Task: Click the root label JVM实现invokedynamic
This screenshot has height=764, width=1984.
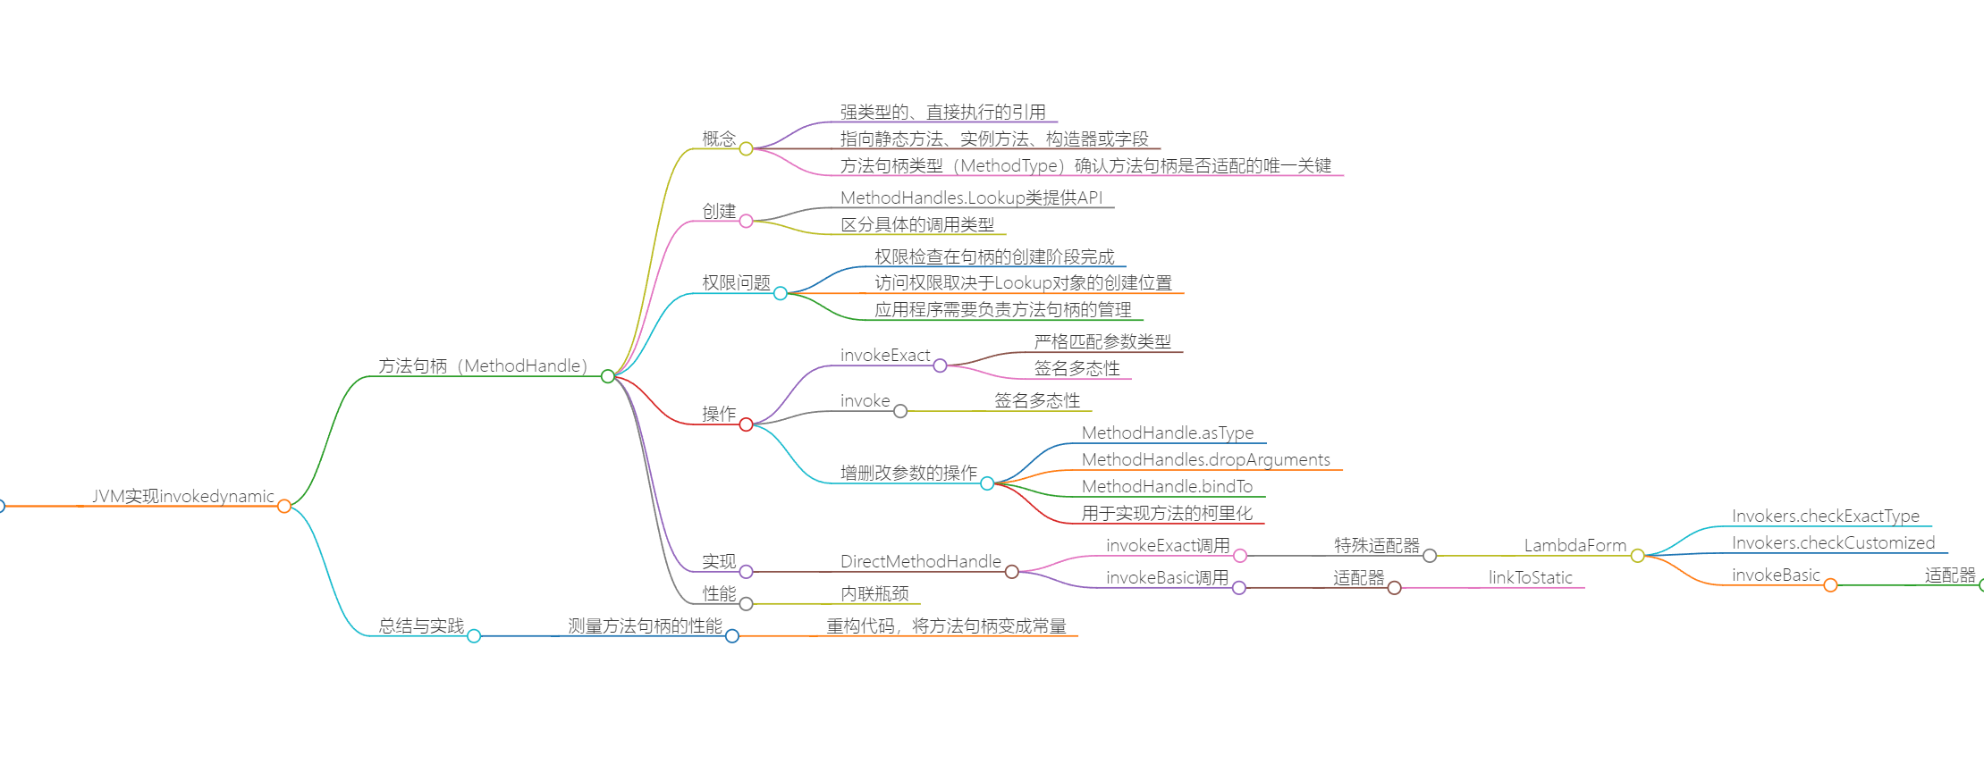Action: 183,496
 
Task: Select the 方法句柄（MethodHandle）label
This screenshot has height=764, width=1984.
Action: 483,365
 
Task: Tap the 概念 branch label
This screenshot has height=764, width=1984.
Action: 719,139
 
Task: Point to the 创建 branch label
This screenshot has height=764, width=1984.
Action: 719,211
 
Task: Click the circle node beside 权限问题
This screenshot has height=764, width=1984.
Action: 781,293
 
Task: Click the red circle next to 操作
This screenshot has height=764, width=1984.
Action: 746,424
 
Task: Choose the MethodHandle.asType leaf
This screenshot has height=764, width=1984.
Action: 1168,432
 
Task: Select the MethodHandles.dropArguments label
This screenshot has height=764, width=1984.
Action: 1206,459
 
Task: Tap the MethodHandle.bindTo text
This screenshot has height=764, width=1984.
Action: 1167,486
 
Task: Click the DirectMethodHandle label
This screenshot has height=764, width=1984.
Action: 921,561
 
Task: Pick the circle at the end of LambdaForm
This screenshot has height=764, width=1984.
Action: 1637,556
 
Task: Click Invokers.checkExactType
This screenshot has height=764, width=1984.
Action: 1826,516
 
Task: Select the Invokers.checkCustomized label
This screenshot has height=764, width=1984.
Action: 1833,542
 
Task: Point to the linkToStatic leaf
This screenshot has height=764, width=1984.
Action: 1531,577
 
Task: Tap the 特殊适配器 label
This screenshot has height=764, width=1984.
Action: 1377,545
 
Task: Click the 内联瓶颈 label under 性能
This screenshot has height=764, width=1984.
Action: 874,593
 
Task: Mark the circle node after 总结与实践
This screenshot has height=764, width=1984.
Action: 474,636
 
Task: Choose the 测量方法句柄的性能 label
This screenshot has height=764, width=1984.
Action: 645,625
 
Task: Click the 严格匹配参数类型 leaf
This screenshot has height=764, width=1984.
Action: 1102,341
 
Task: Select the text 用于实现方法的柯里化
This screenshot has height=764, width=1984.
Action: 1167,513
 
